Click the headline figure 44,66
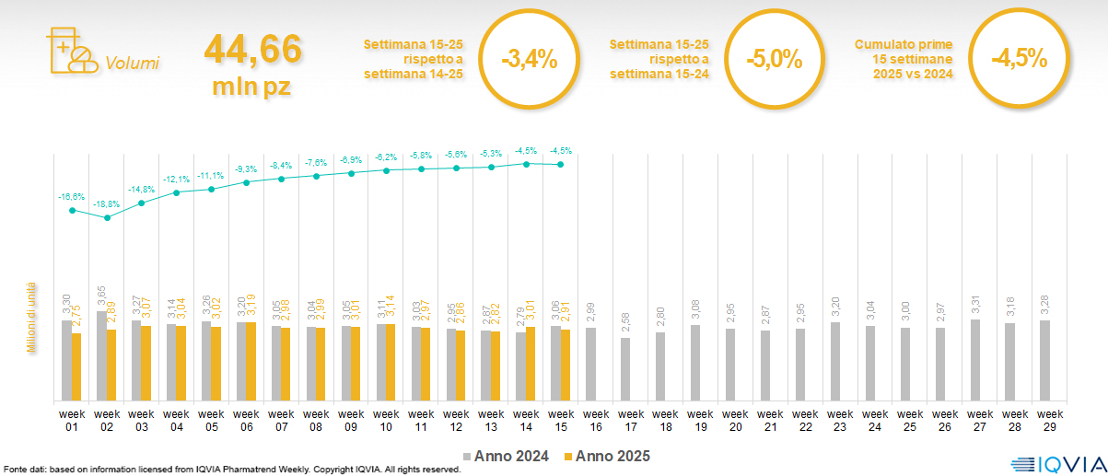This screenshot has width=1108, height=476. pos(252,50)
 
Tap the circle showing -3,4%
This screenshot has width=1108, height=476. pos(529,60)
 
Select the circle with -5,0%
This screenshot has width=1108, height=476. pos(774,60)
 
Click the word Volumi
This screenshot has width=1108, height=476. pos(132,64)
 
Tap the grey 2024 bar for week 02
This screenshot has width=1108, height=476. pos(101,355)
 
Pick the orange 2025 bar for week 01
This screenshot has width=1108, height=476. pos(76,366)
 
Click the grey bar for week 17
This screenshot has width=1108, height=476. pos(625,368)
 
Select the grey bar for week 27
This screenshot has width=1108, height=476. pos(975,359)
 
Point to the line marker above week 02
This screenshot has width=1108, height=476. pos(107,218)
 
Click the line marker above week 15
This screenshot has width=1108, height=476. pos(561,165)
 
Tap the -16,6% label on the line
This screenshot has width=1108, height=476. pos(72,197)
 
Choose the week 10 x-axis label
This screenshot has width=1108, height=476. pos(386,420)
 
